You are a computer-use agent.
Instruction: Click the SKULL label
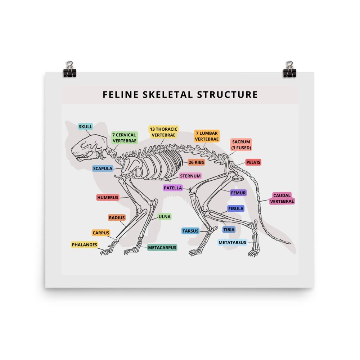pos(85,126)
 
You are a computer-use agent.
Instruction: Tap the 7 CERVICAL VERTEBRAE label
pos(125,138)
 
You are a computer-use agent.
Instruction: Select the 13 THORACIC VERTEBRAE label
pos(163,132)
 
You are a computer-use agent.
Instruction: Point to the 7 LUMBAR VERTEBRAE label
pos(207,136)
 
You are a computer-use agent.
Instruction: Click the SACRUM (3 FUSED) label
pos(241,145)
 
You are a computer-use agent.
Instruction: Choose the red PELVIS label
pos(253,162)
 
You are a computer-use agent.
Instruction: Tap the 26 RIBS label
pos(196,162)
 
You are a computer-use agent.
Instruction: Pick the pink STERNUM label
pos(190,176)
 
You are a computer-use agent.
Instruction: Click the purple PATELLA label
pos(173,188)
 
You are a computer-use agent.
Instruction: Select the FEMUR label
pos(238,193)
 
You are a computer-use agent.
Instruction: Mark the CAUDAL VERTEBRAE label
pos(282,198)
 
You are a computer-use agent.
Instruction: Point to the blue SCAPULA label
pos(103,168)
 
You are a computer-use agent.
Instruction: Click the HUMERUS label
pos(108,197)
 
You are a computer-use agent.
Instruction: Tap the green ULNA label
pos(165,216)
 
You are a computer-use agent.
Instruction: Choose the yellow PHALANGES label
pos(85,245)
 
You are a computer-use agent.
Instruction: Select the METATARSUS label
pos(232,242)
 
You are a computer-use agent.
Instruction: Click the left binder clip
pos(69,69)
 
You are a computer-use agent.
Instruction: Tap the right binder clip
pos(289,69)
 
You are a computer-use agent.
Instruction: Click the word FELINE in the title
pos(121,95)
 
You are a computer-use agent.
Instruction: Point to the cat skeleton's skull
pos(90,147)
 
